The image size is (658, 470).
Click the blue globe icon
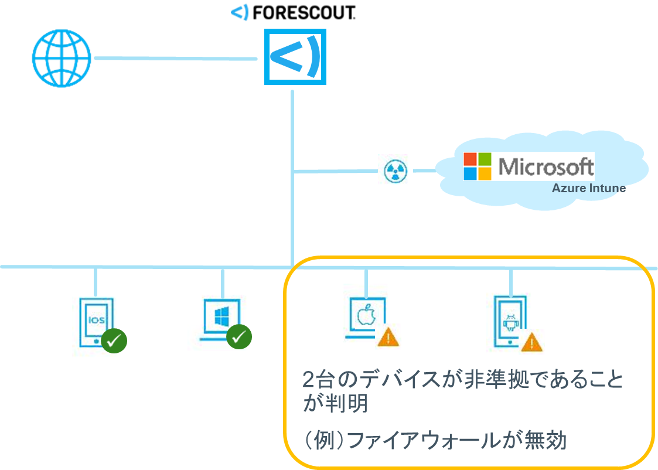pyautogui.click(x=62, y=58)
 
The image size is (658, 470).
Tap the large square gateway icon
pyautogui.click(x=295, y=57)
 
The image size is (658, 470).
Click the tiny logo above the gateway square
pyautogui.click(x=240, y=12)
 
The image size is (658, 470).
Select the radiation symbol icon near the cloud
pyautogui.click(x=395, y=171)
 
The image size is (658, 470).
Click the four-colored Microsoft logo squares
pyautogui.click(x=477, y=166)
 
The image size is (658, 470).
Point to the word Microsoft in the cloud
pyautogui.click(x=546, y=167)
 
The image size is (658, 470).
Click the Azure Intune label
pyautogui.click(x=588, y=189)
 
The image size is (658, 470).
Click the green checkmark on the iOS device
pyautogui.click(x=114, y=339)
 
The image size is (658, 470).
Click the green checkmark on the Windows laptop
pyautogui.click(x=239, y=336)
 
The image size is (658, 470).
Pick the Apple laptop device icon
pyautogui.click(x=363, y=317)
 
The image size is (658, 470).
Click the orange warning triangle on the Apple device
pyautogui.click(x=386, y=338)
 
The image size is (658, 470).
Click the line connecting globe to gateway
pyautogui.click(x=176, y=58)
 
